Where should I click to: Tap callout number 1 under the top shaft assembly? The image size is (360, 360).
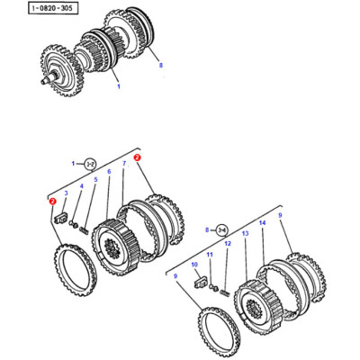tap(117, 88)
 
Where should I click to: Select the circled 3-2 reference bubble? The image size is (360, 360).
tap(91, 164)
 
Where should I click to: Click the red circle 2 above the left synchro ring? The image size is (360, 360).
tap(54, 202)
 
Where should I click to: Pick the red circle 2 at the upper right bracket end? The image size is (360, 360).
tap(137, 157)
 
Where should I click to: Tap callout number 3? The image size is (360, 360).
tap(66, 193)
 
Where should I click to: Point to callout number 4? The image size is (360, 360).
tap(81, 186)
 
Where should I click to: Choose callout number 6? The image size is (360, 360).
tap(109, 171)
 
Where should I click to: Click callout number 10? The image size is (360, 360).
tap(193, 265)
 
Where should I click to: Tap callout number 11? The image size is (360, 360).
tap(210, 256)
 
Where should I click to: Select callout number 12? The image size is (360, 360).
tap(227, 244)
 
